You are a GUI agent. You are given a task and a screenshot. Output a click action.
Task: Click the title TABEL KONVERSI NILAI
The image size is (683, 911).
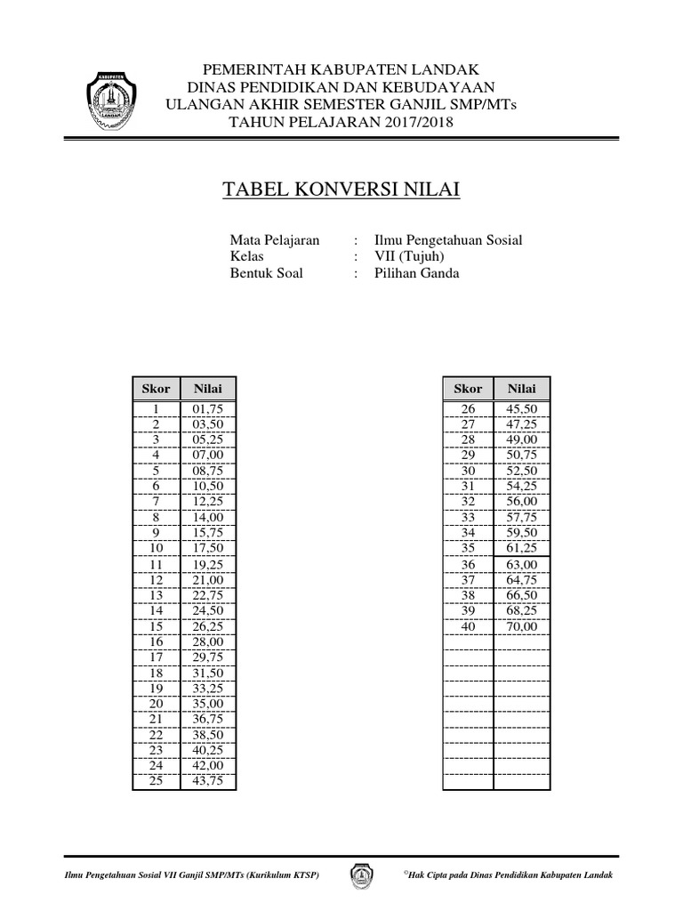[341, 191]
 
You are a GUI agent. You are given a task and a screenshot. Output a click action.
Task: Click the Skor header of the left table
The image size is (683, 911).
[156, 389]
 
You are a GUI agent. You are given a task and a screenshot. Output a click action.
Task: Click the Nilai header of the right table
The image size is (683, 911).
[522, 389]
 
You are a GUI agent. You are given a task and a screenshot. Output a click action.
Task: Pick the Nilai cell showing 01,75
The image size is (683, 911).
[209, 409]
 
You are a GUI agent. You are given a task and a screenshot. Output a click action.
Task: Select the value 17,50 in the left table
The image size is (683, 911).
[209, 548]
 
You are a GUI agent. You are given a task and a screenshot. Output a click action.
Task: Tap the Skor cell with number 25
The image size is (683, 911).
[156, 781]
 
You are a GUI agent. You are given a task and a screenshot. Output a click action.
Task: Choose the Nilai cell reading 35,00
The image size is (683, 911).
[209, 704]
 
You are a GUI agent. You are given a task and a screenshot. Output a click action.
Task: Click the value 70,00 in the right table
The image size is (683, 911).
[522, 626]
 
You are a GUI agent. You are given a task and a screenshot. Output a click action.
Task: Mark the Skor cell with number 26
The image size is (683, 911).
[469, 409]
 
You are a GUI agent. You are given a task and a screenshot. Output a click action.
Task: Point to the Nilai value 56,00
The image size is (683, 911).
[522, 502]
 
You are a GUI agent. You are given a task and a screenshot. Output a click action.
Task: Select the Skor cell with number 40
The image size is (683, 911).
[469, 626]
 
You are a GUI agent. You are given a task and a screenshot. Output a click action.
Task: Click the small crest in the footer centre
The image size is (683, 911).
[362, 875]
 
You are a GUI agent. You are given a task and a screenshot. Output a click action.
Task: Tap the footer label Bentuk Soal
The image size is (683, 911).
[267, 273]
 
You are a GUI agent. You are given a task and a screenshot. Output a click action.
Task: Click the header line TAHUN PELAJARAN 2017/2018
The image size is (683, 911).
[341, 122]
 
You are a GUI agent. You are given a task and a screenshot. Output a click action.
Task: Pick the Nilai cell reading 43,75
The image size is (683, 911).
[209, 781]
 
